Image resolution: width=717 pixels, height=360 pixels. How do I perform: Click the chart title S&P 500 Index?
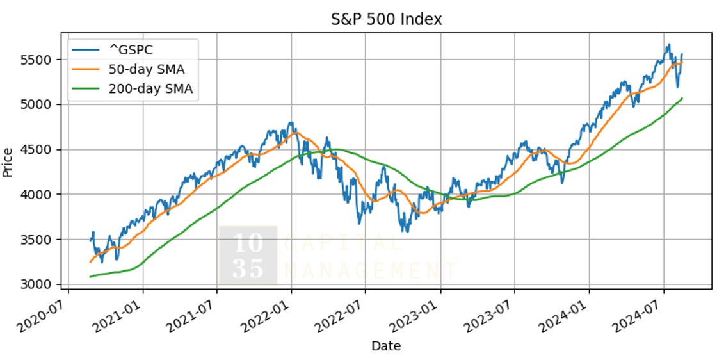click(386, 19)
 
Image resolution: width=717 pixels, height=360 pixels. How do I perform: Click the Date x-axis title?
click(386, 347)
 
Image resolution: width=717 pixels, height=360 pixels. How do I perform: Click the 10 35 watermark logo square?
click(248, 255)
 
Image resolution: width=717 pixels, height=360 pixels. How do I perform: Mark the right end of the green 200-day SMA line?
click(682, 98)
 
